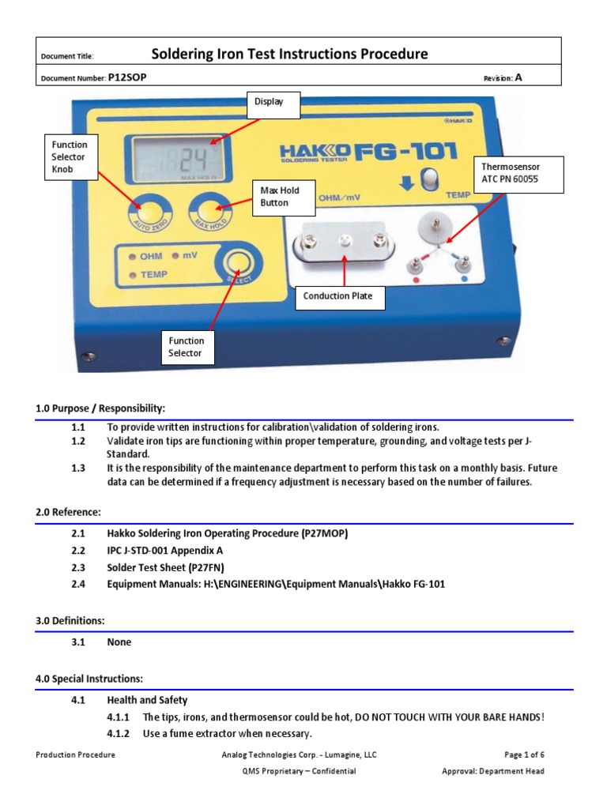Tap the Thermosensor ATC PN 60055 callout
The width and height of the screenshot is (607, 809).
coord(517,174)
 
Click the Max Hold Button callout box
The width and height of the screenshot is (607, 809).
coord(281,197)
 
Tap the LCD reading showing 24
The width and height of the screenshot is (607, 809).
coord(194,160)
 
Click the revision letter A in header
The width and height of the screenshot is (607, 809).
coord(518,77)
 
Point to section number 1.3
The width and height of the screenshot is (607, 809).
coord(77,468)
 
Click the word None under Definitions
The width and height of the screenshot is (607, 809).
coord(119,642)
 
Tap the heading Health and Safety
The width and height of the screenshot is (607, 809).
coord(147,700)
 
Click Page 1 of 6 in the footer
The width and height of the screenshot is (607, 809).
coord(524,755)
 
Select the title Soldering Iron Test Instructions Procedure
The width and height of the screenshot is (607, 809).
coord(289,54)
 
